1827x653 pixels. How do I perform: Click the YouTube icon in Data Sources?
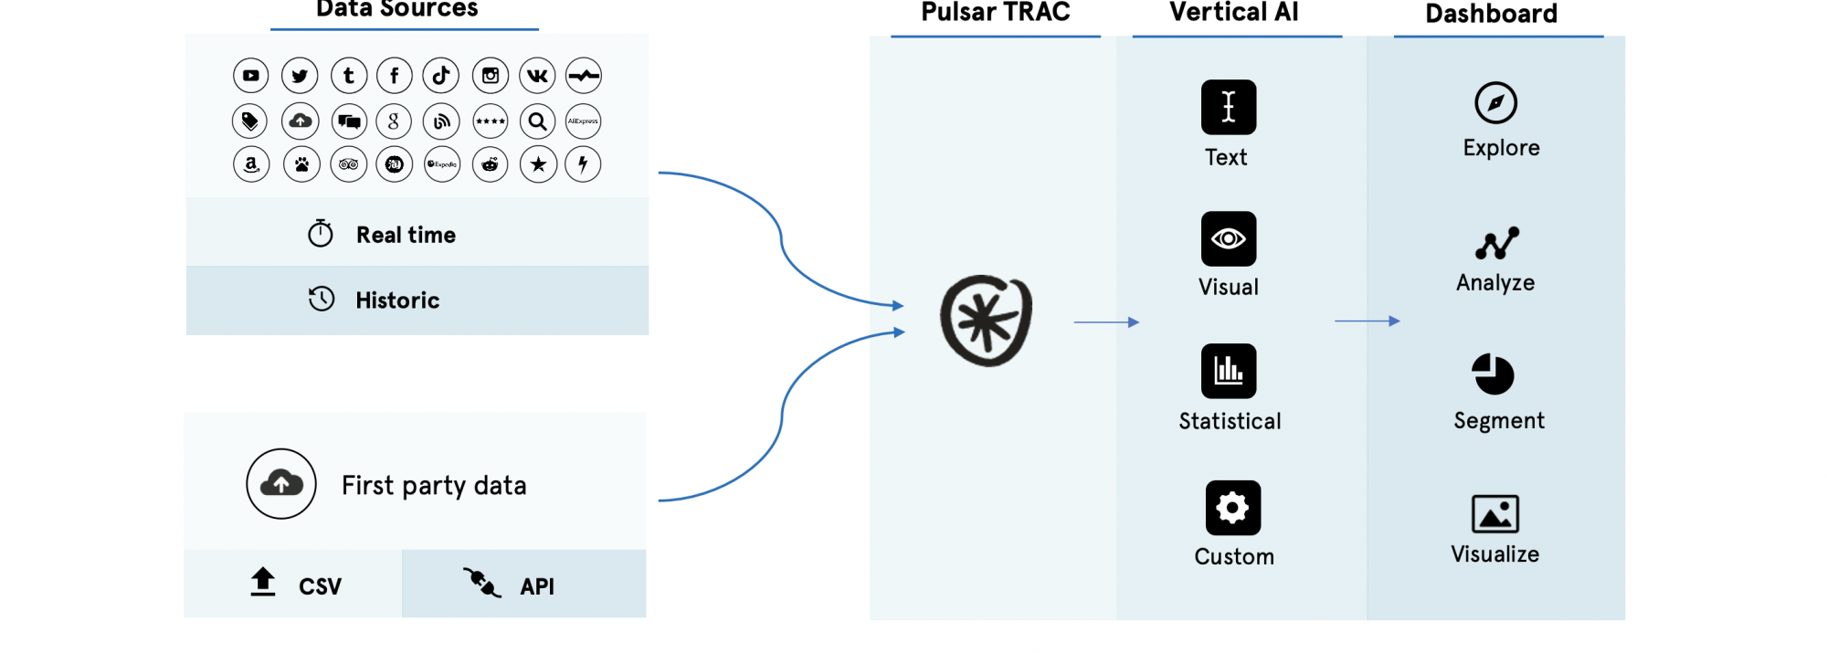pos(251,76)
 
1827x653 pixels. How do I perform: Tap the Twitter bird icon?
pos(300,76)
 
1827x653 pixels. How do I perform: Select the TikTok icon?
pos(441,76)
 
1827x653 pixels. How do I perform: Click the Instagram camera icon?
pos(491,76)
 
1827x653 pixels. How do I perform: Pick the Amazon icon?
pos(251,164)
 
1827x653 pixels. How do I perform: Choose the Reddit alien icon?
pos(491,164)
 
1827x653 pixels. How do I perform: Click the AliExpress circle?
pos(583,121)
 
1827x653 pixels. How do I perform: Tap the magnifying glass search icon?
pos(538,121)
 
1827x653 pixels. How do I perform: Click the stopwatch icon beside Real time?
pos(321,234)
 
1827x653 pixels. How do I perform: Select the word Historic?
pos(397,300)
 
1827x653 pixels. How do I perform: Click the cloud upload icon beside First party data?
pos(281,483)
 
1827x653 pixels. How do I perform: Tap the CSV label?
pos(320,586)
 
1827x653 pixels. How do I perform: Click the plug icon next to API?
pos(481,582)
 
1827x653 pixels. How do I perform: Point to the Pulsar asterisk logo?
pos(987,321)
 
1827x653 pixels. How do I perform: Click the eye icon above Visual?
pos(1229,239)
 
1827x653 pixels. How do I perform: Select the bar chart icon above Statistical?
pos(1229,371)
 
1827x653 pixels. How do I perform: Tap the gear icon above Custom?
pos(1233,508)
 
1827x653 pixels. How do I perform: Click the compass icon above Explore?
pos(1495,103)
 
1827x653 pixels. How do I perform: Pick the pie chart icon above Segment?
pos(1494,374)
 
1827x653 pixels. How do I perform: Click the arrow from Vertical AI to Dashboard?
pos(1368,321)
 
